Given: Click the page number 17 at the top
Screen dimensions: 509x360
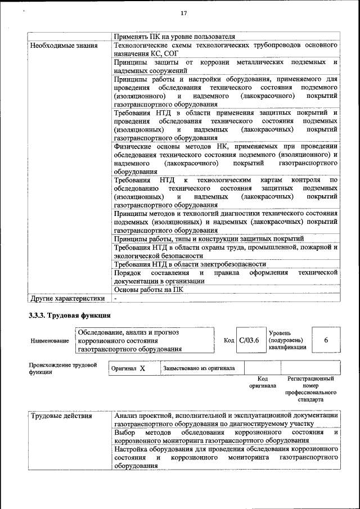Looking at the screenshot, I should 183,13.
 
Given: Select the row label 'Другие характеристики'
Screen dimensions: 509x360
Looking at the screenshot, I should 67,299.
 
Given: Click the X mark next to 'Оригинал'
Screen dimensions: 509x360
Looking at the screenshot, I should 142,368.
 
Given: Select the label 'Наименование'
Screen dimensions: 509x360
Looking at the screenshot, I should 50,341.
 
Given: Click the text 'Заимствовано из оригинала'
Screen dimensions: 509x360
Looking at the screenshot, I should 199,368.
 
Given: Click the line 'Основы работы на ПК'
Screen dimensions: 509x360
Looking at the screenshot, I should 148,290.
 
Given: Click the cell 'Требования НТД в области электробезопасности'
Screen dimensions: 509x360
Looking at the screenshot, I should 190,264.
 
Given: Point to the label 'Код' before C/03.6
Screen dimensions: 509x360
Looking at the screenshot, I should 228,341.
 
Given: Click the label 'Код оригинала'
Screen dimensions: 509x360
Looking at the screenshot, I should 262,382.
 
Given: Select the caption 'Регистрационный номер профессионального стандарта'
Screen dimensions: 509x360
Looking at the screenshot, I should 310,389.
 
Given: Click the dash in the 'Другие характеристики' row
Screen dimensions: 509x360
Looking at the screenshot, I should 115,299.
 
